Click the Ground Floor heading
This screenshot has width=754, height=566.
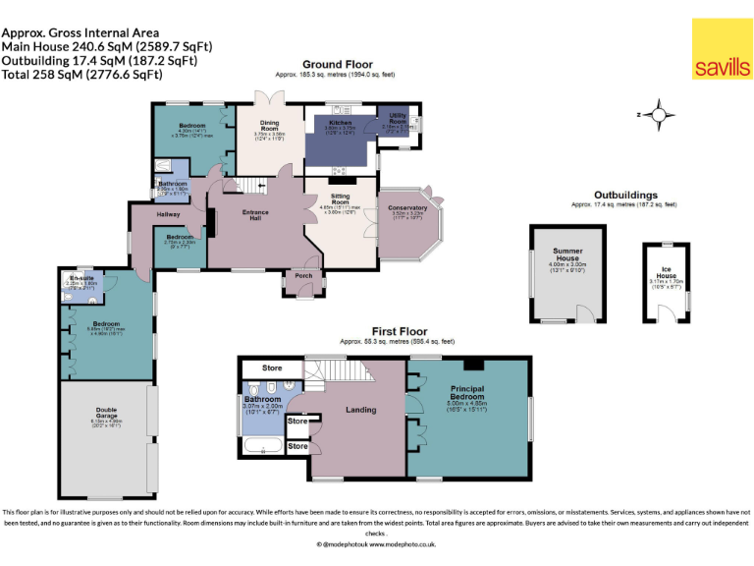tap(337, 64)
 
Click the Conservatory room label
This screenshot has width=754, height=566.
tap(407, 207)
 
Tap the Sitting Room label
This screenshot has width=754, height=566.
tap(341, 199)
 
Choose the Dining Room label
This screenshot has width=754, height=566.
tap(269, 126)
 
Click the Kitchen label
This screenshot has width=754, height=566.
tap(340, 123)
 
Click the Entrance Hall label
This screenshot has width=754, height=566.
tap(255, 214)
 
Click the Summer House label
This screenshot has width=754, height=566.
tap(567, 255)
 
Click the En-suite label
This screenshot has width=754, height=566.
tap(81, 279)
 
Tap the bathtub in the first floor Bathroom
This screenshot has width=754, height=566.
tap(262, 447)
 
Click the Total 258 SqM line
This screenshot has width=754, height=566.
tap(81, 74)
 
